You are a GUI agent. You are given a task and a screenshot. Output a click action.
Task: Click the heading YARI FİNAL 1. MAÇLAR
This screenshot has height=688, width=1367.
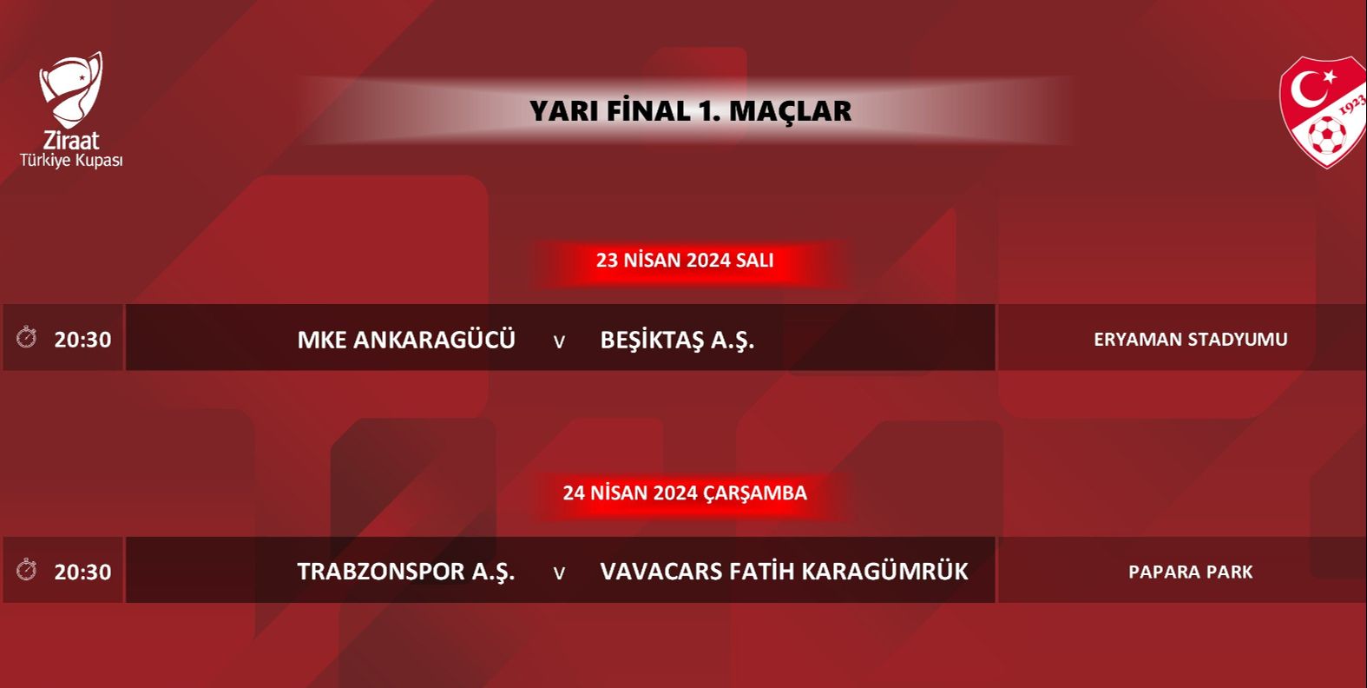(690, 111)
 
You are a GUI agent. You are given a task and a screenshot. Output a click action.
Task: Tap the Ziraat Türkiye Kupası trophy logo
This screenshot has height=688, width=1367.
(71, 89)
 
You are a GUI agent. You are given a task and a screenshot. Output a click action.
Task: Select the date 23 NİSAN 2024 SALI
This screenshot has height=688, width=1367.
(684, 260)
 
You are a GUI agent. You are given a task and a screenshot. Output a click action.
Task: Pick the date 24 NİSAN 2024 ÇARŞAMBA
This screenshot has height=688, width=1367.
(684, 493)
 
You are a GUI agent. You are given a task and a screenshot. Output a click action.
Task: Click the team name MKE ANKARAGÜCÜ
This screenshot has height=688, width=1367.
(406, 339)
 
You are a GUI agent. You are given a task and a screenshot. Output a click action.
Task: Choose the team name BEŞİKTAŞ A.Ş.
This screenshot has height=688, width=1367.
(677, 339)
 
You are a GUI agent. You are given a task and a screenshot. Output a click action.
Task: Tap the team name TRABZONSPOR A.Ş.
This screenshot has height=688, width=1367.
(406, 572)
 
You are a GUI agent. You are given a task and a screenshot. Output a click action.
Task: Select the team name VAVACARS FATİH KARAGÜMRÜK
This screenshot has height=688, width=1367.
(784, 572)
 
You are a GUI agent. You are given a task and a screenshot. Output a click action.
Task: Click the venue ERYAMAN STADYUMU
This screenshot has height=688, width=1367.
(1190, 339)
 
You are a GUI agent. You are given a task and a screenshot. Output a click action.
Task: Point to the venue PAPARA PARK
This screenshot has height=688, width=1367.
(1190, 572)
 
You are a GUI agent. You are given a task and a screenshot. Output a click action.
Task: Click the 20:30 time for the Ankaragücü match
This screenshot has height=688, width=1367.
(82, 339)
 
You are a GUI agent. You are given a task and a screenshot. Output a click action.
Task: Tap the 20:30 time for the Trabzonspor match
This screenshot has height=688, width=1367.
(82, 572)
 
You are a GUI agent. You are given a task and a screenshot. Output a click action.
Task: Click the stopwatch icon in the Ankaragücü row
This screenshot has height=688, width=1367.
(27, 337)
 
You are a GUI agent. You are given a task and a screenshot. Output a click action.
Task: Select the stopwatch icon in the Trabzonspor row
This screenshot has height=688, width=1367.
(27, 570)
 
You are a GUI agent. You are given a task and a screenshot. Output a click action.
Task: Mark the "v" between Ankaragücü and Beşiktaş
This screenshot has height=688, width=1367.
(559, 341)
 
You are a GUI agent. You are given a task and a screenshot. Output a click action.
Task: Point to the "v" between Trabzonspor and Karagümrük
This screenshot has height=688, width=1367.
(559, 573)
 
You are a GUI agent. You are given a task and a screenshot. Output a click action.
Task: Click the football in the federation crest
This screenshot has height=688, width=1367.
(1326, 136)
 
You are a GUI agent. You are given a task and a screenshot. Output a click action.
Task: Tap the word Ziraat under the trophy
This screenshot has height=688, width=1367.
(71, 140)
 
